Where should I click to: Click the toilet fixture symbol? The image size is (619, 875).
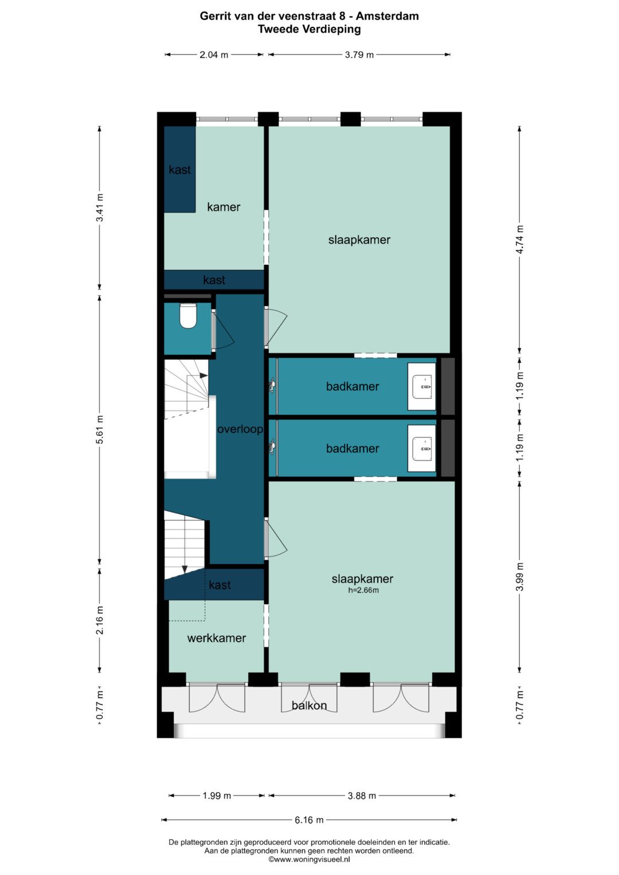[188, 316]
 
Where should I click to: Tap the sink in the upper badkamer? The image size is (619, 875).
[422, 386]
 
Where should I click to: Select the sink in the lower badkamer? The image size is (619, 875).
[422, 449]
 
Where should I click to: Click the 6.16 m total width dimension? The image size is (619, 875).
[309, 819]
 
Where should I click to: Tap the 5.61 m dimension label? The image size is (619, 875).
[100, 430]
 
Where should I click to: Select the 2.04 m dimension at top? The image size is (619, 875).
[214, 54]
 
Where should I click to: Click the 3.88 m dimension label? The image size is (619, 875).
[362, 795]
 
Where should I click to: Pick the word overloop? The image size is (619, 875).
[240, 429]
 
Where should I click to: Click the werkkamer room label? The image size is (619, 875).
[217, 638]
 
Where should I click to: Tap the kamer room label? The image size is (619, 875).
[224, 207]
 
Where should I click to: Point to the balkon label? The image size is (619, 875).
[309, 705]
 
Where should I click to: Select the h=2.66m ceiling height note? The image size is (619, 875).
[363, 590]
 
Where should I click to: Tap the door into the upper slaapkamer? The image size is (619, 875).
[276, 327]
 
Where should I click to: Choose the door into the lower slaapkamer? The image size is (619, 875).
[276, 538]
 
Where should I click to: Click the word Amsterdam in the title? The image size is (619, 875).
[387, 16]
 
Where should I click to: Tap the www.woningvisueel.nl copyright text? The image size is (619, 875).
[309, 860]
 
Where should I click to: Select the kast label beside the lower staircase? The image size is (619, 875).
[220, 584]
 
